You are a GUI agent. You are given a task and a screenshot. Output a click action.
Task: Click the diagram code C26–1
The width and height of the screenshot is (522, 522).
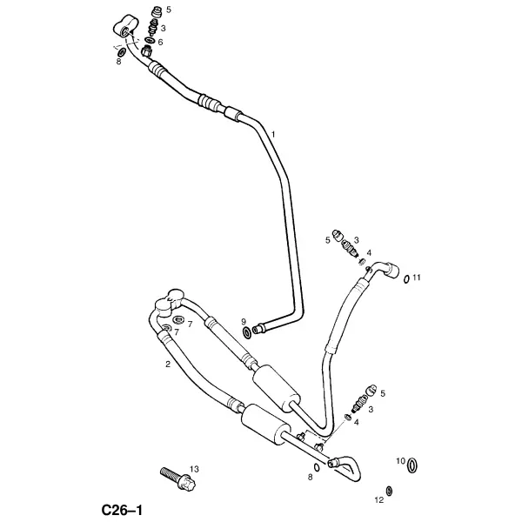point(122,510)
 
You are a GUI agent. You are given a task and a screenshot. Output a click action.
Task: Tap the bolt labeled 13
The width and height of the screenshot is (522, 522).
point(178,478)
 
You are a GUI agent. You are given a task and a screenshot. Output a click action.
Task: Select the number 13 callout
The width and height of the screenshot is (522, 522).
point(194,469)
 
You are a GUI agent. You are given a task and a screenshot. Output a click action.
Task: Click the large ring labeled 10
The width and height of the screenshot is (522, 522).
point(412,465)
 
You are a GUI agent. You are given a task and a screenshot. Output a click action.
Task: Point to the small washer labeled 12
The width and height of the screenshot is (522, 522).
point(389,491)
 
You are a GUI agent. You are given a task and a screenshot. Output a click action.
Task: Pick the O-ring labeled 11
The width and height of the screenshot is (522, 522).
point(406,279)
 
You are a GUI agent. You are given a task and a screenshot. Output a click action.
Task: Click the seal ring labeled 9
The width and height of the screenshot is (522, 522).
point(247,332)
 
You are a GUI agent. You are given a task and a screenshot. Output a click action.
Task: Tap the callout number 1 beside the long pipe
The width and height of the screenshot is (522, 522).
point(274,135)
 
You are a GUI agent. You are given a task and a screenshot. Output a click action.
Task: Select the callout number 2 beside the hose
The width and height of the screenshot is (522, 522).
point(168,365)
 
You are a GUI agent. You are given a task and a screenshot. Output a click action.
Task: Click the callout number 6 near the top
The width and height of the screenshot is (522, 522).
point(160,43)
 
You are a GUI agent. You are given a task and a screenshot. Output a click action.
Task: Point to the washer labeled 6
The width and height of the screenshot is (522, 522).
point(150,41)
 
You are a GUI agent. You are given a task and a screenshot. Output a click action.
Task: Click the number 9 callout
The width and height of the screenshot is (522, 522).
point(244,322)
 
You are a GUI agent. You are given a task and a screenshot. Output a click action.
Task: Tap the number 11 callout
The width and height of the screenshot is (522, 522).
point(417,277)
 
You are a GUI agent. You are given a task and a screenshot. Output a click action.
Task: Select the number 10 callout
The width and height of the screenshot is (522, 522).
point(400,461)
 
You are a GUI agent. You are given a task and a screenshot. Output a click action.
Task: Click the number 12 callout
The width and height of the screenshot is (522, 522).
point(379,499)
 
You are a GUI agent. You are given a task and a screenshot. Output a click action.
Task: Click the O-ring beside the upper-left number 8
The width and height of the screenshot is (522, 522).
point(122,52)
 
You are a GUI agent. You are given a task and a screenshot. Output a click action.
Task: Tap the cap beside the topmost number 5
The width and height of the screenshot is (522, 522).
point(156,13)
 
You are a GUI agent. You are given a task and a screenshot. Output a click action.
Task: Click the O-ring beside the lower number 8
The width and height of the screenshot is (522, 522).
point(317,467)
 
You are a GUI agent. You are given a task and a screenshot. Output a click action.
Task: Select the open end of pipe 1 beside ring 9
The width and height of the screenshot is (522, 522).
point(256,330)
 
